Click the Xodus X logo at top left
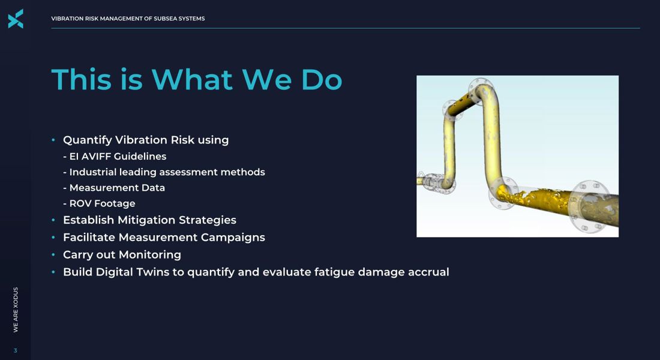point(16,19)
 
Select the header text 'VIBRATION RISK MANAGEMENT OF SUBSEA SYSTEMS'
point(128,19)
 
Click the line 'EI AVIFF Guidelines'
point(115,157)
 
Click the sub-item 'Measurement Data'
point(115,188)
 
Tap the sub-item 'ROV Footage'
point(100,203)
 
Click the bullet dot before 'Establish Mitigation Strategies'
point(53,220)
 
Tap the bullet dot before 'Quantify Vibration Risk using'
point(53,140)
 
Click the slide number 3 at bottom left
point(16,350)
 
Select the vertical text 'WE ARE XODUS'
point(16,310)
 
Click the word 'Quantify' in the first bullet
point(87,140)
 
